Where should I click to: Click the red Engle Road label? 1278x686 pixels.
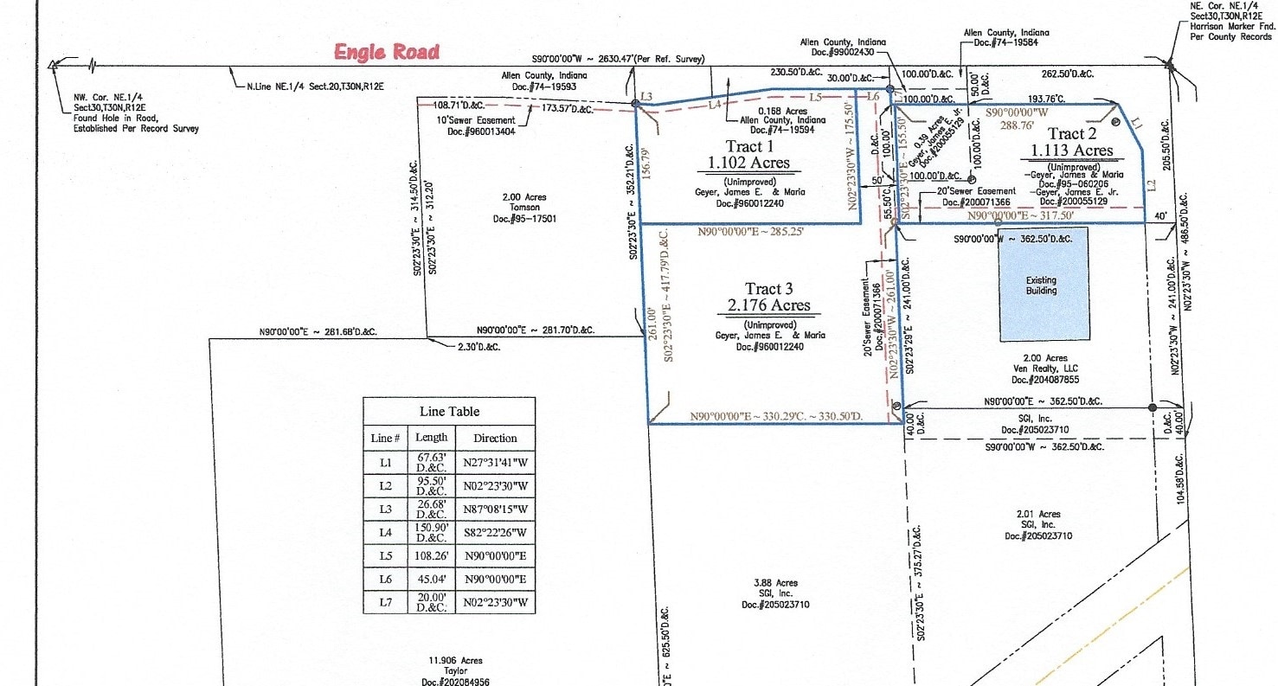point(387,52)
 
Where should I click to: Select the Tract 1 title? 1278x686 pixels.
point(744,146)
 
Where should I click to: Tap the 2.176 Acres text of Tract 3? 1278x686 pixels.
point(768,305)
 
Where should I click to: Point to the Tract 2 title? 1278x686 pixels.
point(1072,133)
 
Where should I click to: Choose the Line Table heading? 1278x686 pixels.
point(449,411)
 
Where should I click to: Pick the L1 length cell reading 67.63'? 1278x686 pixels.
point(432,463)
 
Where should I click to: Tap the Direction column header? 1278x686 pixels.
point(495,438)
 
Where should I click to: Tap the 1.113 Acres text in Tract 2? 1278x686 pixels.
point(1070,151)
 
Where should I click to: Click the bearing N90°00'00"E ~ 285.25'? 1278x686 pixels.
point(750,232)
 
